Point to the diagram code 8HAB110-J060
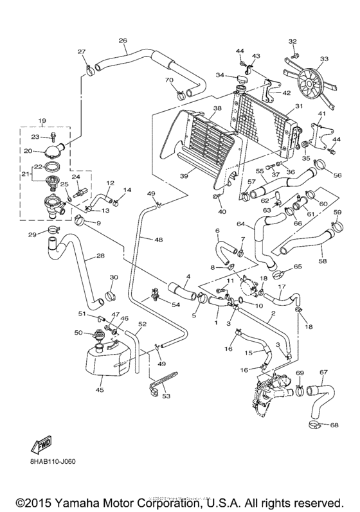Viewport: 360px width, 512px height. [x=53, y=462]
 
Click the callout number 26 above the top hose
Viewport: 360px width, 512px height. [x=123, y=40]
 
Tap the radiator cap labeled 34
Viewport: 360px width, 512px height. [x=243, y=79]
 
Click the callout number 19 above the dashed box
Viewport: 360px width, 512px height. [x=43, y=121]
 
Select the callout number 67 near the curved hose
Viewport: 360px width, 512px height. [x=323, y=372]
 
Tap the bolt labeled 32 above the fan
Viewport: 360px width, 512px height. [x=293, y=53]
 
